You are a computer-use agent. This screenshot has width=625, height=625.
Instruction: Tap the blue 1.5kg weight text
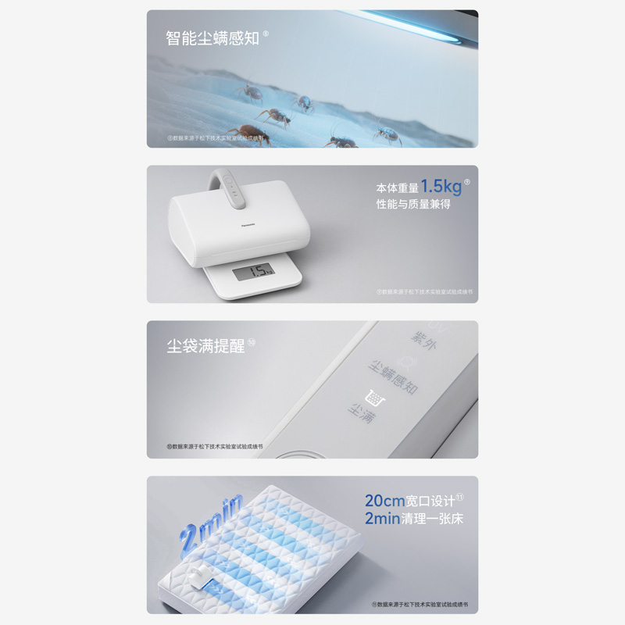(x=441, y=187)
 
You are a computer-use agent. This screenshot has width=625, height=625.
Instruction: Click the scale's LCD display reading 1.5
(x=253, y=271)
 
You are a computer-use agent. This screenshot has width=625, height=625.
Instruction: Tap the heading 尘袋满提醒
(x=205, y=346)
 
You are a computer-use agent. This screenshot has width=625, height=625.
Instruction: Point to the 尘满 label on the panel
(x=362, y=412)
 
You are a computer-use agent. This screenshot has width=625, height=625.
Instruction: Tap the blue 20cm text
(x=384, y=501)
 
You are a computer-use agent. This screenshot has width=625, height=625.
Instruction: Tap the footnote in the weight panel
(x=424, y=291)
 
